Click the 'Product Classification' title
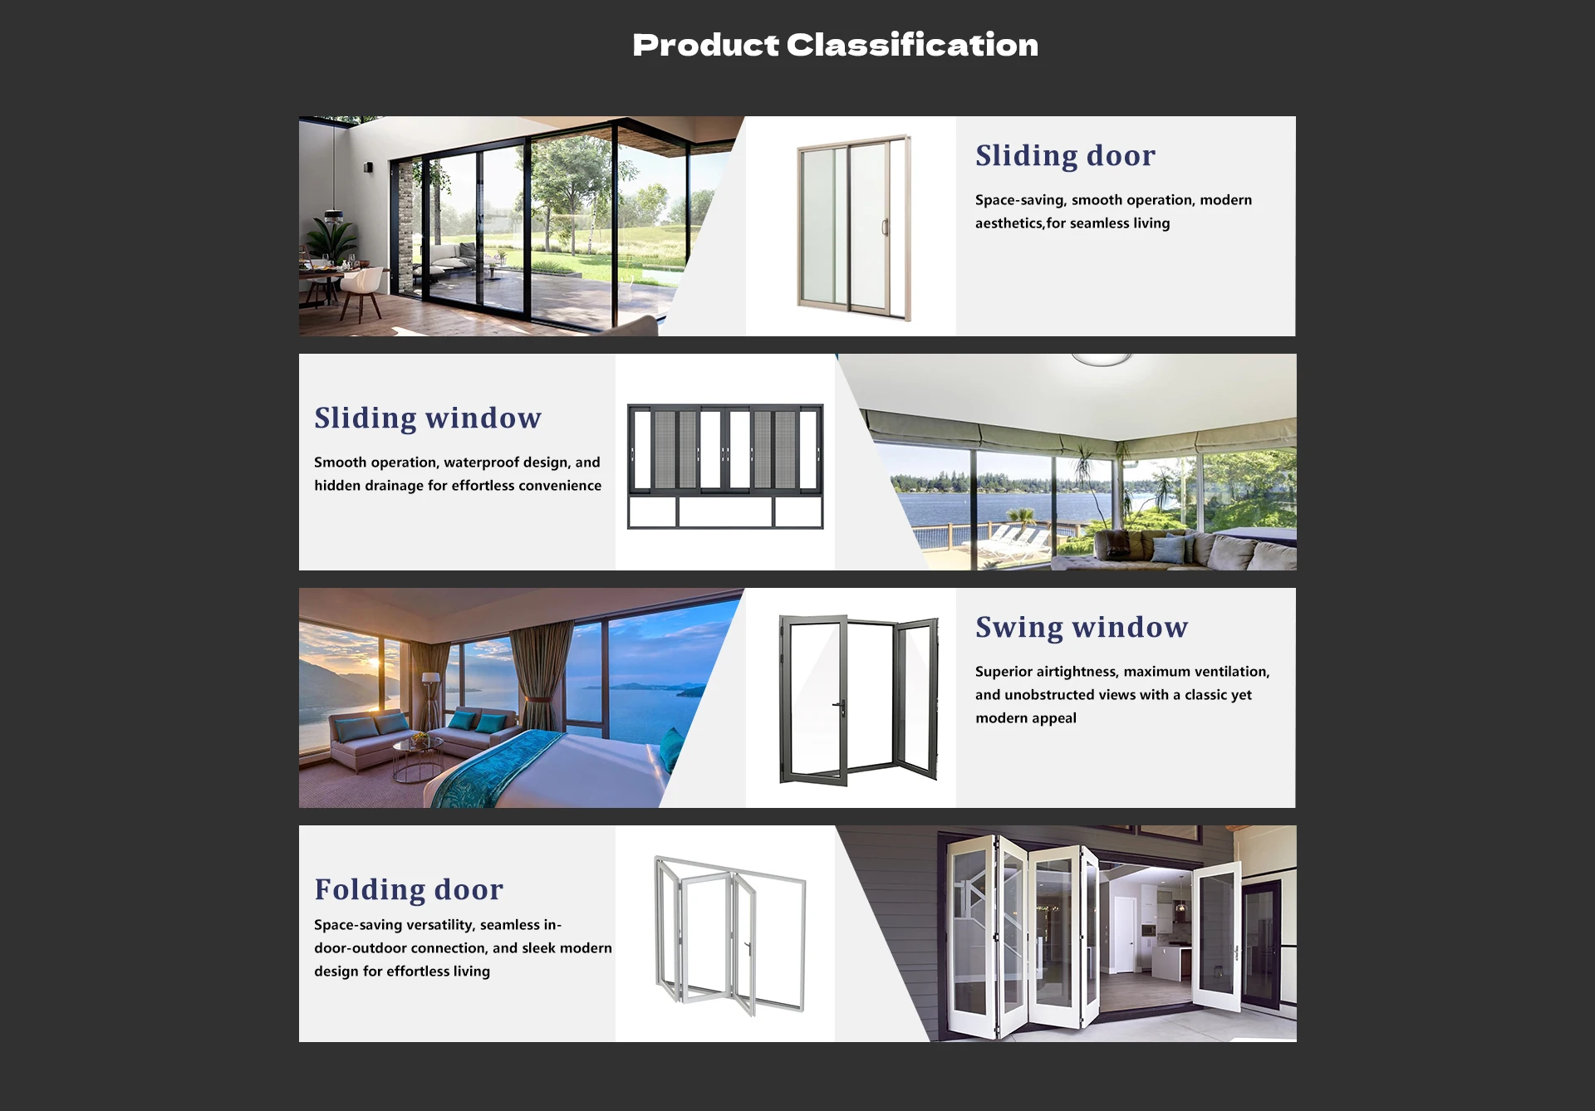pos(835,45)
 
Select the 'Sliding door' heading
pos(1065,156)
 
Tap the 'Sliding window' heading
pos(428,418)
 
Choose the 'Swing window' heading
pos(1082,628)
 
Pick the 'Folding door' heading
pos(409,890)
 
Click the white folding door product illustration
pos(730,935)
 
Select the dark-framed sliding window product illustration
pos(725,467)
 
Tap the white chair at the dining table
pos(361,291)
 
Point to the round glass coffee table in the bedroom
pos(418,760)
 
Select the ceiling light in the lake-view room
pos(1102,360)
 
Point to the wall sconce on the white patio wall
pos(368,168)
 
